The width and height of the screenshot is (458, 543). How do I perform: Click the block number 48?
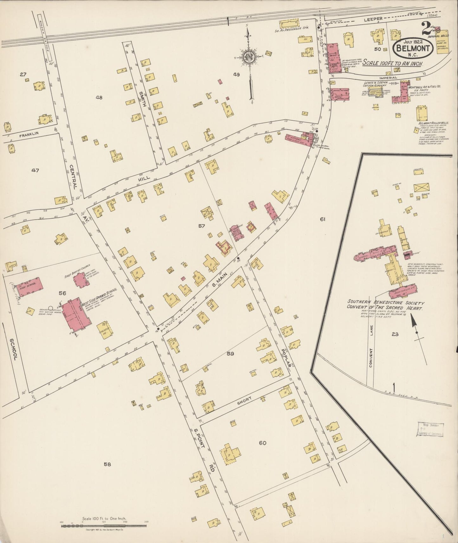(99, 98)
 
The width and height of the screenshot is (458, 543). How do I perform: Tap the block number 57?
(202, 226)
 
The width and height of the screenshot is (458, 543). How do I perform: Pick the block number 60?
(262, 443)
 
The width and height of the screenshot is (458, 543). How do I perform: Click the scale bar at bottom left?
(105, 526)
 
